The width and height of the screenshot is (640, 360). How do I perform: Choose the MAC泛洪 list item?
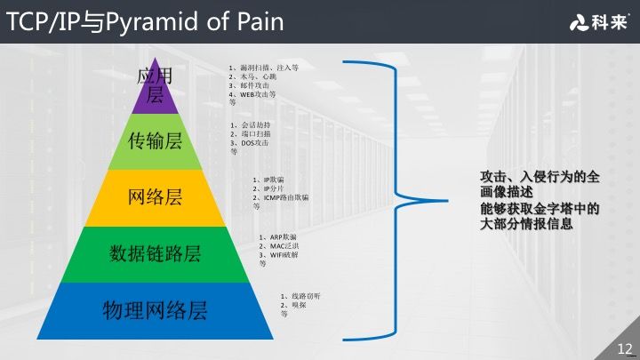click(x=284, y=246)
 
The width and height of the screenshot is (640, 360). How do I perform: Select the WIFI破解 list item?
click(x=284, y=255)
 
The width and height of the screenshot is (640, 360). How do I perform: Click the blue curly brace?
click(x=391, y=200)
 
